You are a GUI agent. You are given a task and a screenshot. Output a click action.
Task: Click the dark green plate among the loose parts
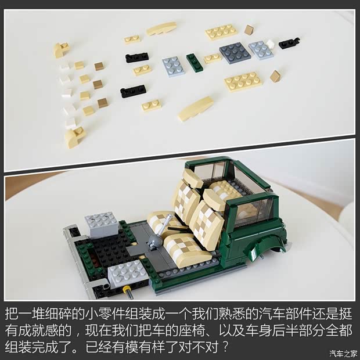[195, 63]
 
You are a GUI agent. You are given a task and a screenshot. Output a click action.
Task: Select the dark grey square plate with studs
[235, 53]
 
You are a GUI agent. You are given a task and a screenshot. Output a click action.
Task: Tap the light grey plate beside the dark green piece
[173, 66]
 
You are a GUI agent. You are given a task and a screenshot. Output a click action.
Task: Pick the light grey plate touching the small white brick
[261, 50]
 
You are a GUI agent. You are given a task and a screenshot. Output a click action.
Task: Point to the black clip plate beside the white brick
[289, 43]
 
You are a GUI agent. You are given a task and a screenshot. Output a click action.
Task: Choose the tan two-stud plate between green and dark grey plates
[213, 58]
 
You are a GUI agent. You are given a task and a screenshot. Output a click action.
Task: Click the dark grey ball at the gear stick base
[153, 242]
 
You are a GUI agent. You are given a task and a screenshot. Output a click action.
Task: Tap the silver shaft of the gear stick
[164, 225]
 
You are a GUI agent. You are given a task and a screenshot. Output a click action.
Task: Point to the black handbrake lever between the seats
[177, 229]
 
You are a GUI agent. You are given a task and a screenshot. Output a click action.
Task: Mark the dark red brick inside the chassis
[93, 259]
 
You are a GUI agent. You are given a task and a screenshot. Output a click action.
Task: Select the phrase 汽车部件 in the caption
[285, 314]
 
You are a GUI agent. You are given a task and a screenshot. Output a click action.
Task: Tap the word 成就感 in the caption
[38, 330]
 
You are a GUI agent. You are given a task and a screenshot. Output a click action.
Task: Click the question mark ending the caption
[225, 347]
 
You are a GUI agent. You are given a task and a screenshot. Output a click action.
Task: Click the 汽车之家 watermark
[344, 354]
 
